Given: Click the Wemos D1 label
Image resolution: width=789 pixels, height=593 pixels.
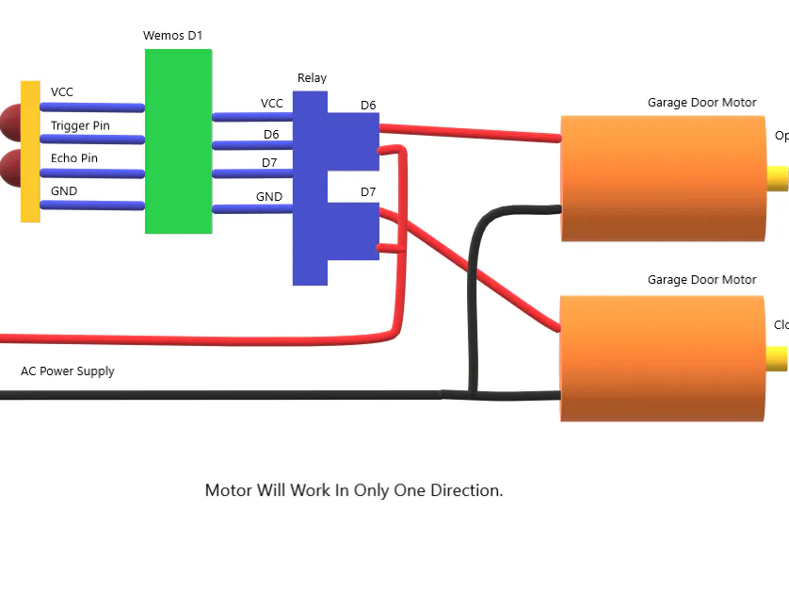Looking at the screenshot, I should (x=172, y=36).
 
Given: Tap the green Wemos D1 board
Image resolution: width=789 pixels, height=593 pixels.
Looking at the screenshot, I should (x=178, y=141).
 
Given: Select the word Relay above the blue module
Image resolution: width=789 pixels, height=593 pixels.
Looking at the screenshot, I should (x=312, y=78).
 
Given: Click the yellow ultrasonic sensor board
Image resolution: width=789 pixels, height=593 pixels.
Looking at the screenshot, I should (x=30, y=152).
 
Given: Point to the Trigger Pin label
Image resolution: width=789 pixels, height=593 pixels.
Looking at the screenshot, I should (x=80, y=125).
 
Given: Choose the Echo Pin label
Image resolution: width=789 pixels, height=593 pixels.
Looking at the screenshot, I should (x=74, y=158).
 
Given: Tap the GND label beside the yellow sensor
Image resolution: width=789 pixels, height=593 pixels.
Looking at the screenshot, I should (x=64, y=191).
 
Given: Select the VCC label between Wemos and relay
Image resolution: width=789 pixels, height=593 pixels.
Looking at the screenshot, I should (x=271, y=104).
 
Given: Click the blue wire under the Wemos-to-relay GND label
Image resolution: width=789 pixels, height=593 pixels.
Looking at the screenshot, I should (x=252, y=209).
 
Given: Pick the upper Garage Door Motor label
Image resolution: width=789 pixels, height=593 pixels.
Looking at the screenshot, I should (x=701, y=103).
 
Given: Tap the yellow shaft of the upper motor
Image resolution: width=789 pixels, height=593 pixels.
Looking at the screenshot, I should (x=777, y=178).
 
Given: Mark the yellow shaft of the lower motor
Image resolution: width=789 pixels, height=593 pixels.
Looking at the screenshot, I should (x=777, y=358).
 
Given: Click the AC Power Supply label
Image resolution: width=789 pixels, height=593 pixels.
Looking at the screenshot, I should (x=68, y=371).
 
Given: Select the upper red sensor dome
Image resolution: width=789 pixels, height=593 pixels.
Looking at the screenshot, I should (x=11, y=120).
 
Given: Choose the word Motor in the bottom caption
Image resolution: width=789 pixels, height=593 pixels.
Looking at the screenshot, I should (x=229, y=490).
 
